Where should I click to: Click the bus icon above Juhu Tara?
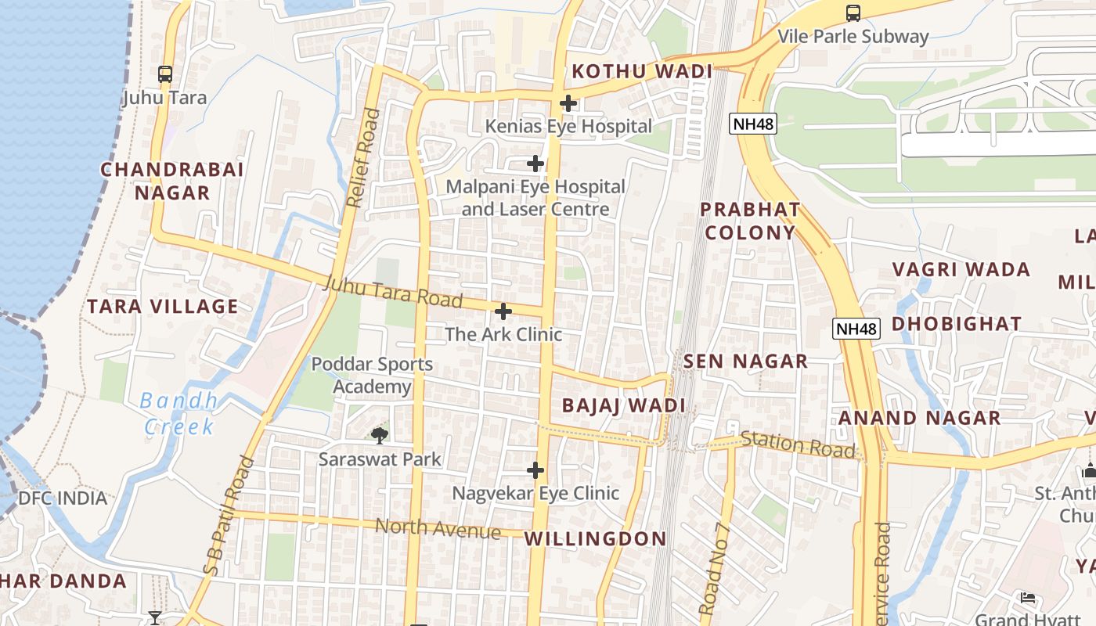(x=164, y=74)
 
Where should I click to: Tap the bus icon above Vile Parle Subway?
(x=853, y=13)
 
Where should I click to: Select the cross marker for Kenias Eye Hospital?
(x=568, y=103)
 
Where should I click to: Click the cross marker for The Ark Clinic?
(x=503, y=311)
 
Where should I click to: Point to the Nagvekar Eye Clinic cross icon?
(x=535, y=470)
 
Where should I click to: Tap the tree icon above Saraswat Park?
(x=380, y=435)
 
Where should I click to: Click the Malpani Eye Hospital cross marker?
(x=535, y=164)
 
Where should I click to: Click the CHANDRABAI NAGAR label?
(x=172, y=182)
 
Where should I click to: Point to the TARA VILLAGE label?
(x=163, y=307)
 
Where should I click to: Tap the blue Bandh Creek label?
(x=179, y=414)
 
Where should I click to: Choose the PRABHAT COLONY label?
(x=749, y=221)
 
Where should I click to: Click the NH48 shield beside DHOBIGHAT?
(x=856, y=329)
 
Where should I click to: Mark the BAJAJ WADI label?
(x=624, y=406)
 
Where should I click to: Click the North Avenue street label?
(x=438, y=529)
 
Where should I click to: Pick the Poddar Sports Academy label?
(x=372, y=376)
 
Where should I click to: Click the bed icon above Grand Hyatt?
(x=1028, y=598)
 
